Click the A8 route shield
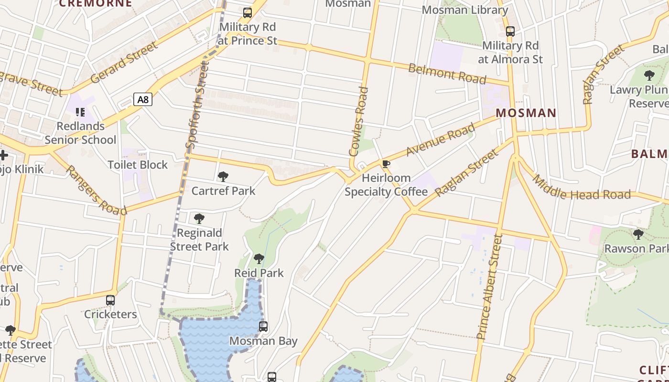(142, 99)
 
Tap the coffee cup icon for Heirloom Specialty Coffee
(386, 165)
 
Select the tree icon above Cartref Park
(223, 177)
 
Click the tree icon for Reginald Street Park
(199, 219)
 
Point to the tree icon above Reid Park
(259, 259)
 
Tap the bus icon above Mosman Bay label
(263, 327)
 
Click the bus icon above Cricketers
(110, 300)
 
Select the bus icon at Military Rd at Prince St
(247, 13)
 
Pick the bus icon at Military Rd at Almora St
(510, 32)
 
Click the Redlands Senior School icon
(80, 112)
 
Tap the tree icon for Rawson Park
(638, 234)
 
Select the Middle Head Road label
(581, 188)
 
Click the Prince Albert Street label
(490, 286)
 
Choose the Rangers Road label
(96, 191)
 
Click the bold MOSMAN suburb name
(526, 113)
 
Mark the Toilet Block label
(138, 165)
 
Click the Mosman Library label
(464, 10)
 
